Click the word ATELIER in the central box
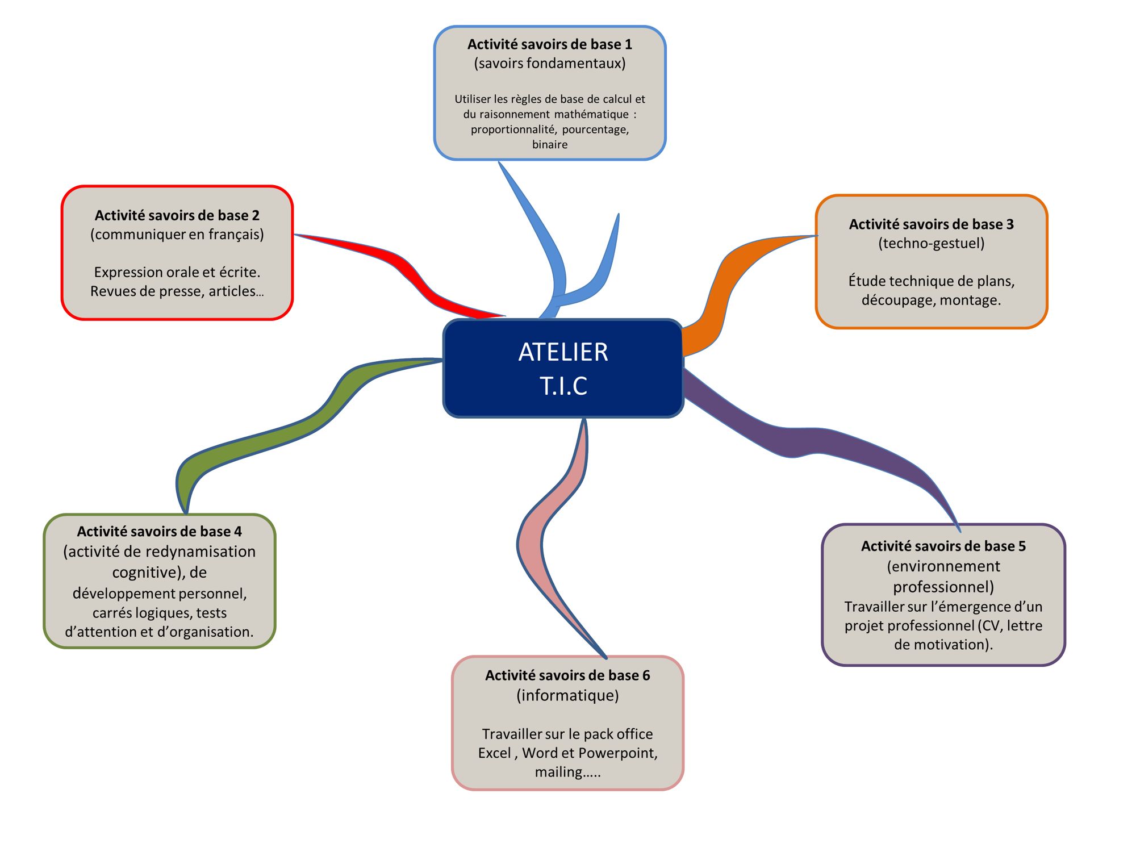pyautogui.click(x=563, y=352)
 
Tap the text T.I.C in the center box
pyautogui.click(x=563, y=386)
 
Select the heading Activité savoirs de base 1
pyautogui.click(x=549, y=44)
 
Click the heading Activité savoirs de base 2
pyautogui.click(x=177, y=215)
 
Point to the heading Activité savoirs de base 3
pyautogui.click(x=931, y=224)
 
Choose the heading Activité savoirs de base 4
pyautogui.click(x=159, y=532)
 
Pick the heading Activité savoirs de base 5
pyautogui.click(x=943, y=546)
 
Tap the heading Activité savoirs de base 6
pyautogui.click(x=567, y=675)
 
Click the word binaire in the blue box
pyautogui.click(x=549, y=145)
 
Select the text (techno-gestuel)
pyautogui.click(x=931, y=243)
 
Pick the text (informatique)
pyautogui.click(x=567, y=695)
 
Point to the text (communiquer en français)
pyautogui.click(x=177, y=234)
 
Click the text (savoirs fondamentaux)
pyautogui.click(x=549, y=63)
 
